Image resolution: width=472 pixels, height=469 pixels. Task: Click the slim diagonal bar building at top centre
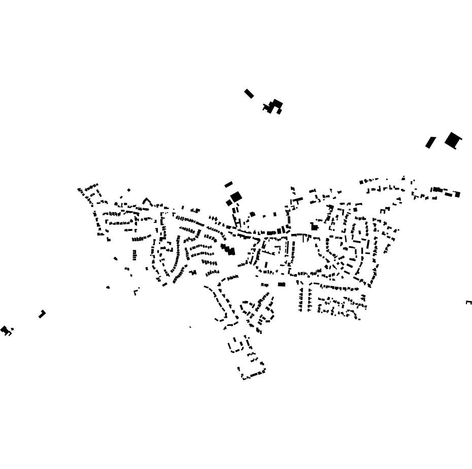pos(249,93)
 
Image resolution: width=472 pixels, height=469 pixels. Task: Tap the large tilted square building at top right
pos(453,140)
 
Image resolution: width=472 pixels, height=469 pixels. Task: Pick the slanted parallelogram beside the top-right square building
pos(430,143)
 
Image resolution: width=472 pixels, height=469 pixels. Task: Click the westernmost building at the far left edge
pos(5,330)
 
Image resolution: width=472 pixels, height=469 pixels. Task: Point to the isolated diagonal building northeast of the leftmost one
pos(42,314)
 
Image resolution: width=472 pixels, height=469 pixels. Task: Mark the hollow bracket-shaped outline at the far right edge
pos(469,303)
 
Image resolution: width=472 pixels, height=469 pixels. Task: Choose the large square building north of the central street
pos(236,196)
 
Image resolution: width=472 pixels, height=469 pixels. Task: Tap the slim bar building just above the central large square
pos(228,184)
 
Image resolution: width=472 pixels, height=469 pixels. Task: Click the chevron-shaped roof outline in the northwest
pos(147,202)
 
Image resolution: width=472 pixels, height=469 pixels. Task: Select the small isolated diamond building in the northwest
pos(129,190)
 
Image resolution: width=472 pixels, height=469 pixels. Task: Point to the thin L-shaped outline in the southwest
pos(136,292)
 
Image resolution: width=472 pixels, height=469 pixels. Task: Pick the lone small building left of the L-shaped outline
pos(108,287)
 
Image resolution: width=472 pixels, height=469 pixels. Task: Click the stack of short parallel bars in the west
pos(134,255)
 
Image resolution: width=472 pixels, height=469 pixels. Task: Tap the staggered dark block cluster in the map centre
pos(228,249)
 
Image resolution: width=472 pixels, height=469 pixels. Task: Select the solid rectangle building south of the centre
pos(282,284)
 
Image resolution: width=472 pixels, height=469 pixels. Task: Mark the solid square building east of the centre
pos(314,227)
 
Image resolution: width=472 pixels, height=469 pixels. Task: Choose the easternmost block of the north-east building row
pos(457,194)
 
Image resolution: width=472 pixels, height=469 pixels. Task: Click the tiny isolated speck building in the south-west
pos(190,327)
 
